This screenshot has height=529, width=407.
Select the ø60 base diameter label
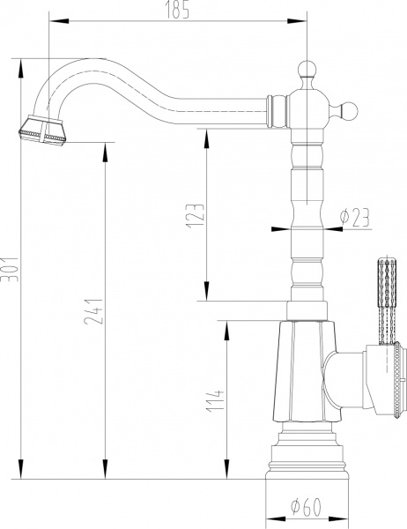305,506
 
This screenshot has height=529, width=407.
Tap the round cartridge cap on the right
388,377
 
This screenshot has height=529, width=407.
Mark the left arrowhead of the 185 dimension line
49,18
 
